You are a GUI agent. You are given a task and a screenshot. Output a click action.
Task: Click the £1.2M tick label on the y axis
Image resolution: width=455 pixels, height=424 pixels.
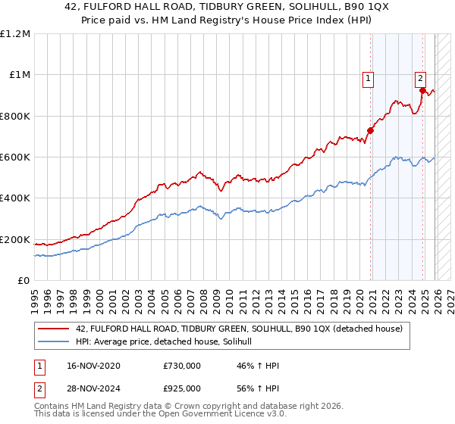15,34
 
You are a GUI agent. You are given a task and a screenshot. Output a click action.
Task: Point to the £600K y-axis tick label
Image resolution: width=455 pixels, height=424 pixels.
15,157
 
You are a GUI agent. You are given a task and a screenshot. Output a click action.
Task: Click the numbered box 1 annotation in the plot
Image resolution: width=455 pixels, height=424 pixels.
368,77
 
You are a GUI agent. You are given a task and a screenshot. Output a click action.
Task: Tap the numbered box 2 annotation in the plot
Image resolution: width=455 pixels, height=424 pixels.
420,77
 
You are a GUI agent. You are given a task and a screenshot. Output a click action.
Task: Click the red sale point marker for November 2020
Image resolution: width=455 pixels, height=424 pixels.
371,130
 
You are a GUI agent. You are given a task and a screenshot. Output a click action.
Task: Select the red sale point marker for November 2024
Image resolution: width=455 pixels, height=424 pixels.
422,90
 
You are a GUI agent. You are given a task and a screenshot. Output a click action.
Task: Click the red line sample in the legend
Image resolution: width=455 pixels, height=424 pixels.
54,329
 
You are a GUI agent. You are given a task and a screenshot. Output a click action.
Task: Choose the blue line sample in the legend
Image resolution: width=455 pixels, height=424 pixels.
54,342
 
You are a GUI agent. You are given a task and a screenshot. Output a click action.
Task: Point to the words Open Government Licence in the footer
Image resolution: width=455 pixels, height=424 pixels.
201,416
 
